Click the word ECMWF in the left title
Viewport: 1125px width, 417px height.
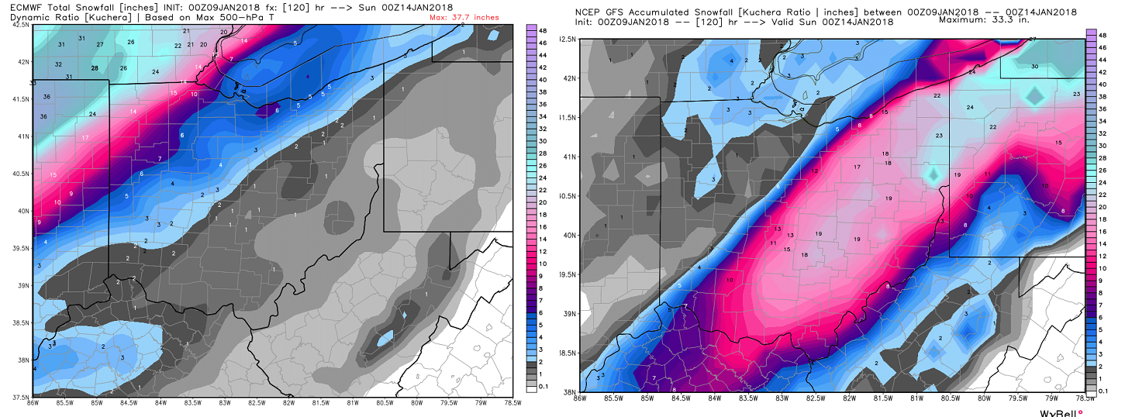point(22,7)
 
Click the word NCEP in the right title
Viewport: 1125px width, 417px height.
point(591,12)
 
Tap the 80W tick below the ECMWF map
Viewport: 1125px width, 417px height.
point(417,402)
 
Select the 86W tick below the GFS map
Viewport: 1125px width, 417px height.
point(579,399)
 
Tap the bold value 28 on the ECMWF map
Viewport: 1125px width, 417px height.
point(95,68)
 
